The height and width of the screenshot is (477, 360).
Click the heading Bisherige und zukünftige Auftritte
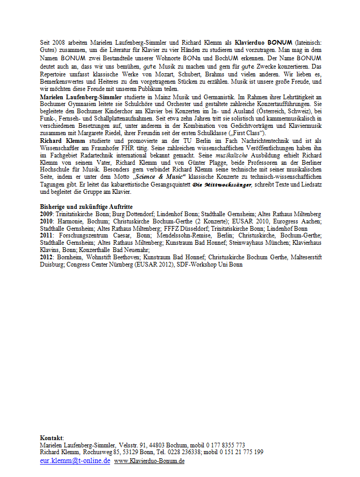pyautogui.click(x=83, y=207)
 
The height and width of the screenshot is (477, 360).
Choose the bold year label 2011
pyautogui.click(x=47, y=235)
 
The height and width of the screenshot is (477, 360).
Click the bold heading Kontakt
pyautogui.click(x=51, y=439)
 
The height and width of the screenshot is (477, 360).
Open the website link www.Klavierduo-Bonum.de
pyautogui.click(x=149, y=461)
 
